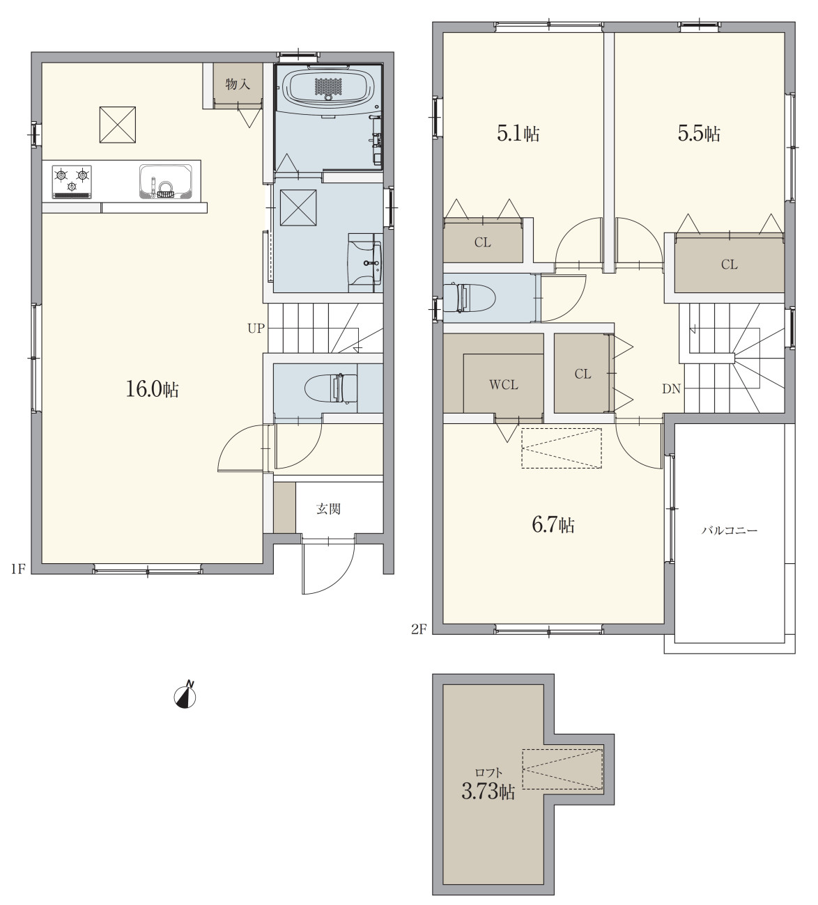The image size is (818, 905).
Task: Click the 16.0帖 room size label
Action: [x=152, y=389]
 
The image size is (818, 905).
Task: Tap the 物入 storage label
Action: [x=238, y=84]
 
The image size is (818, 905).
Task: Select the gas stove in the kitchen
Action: [x=72, y=182]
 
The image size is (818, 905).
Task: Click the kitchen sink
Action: [x=165, y=182]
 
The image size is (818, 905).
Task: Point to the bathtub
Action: [x=328, y=86]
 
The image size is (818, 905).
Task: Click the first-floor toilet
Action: [x=331, y=388]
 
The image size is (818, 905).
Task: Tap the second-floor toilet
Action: [x=470, y=297]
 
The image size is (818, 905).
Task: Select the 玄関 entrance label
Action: [x=328, y=509]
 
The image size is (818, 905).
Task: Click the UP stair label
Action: [x=256, y=328]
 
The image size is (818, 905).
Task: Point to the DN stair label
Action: [x=671, y=388]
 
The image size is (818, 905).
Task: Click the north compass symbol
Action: [x=185, y=695]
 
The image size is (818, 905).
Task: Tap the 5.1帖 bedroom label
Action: [x=518, y=134]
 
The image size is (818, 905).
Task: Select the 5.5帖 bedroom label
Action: [x=699, y=133]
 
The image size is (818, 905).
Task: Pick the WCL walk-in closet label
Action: [x=504, y=385]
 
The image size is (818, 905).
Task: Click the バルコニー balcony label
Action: [x=729, y=530]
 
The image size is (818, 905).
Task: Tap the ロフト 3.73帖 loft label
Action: [x=488, y=785]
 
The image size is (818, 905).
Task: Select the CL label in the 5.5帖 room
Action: [x=729, y=265]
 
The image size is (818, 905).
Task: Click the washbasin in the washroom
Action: [x=365, y=263]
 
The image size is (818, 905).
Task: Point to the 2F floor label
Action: [x=419, y=629]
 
